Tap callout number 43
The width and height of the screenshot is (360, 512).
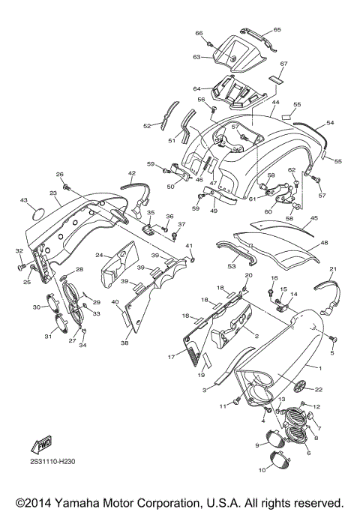pyautogui.click(x=23, y=200)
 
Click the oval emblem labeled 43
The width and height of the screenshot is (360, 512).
pyautogui.click(x=38, y=214)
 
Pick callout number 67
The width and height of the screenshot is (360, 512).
pyautogui.click(x=284, y=64)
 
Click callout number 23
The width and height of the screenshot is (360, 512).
pyautogui.click(x=54, y=193)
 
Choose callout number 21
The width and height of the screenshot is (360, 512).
pyautogui.click(x=333, y=269)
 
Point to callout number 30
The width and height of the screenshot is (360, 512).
pyautogui.click(x=36, y=307)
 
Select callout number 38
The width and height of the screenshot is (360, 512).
pyautogui.click(x=124, y=343)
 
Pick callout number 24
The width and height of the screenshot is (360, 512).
pyautogui.click(x=108, y=255)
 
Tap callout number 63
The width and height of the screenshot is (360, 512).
pyautogui.click(x=196, y=57)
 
